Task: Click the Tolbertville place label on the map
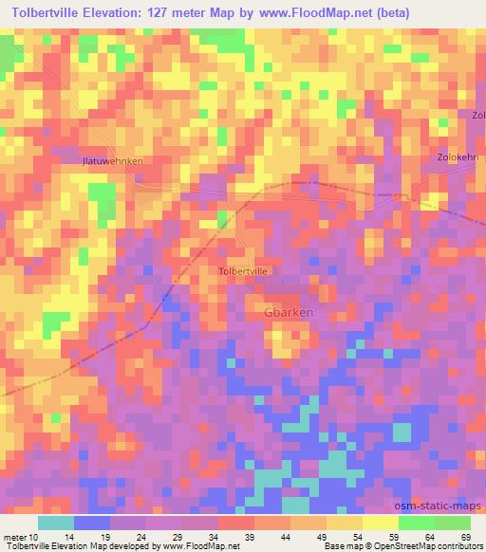pos(244,271)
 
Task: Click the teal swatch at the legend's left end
pos(56,523)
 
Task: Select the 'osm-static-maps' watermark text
pos(443,507)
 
